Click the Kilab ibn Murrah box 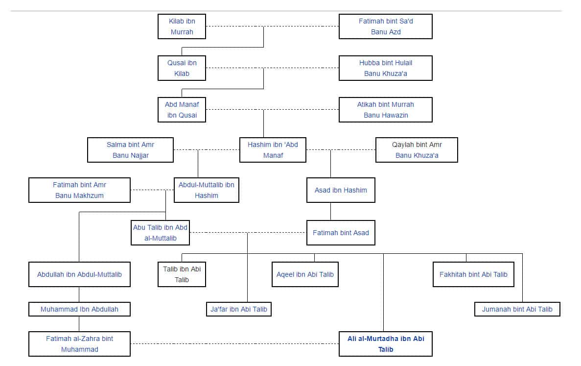[182, 26]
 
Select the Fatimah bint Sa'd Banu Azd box [385, 26]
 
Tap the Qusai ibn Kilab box [182, 68]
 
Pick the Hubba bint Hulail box [385, 68]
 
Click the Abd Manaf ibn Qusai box [182, 109]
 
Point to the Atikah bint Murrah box [385, 109]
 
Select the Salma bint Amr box [130, 150]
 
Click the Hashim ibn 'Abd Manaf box [273, 150]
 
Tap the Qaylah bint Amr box [417, 150]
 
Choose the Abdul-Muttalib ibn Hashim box [207, 190]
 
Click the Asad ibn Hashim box [341, 190]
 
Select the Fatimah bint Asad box [341, 233]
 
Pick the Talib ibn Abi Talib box [182, 274]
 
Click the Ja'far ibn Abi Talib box [239, 309]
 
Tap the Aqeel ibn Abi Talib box [305, 274]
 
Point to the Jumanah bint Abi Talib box [517, 309]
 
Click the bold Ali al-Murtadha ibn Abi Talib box [385, 344]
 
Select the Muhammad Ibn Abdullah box [79, 309]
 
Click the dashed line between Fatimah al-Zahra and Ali [234, 344]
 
